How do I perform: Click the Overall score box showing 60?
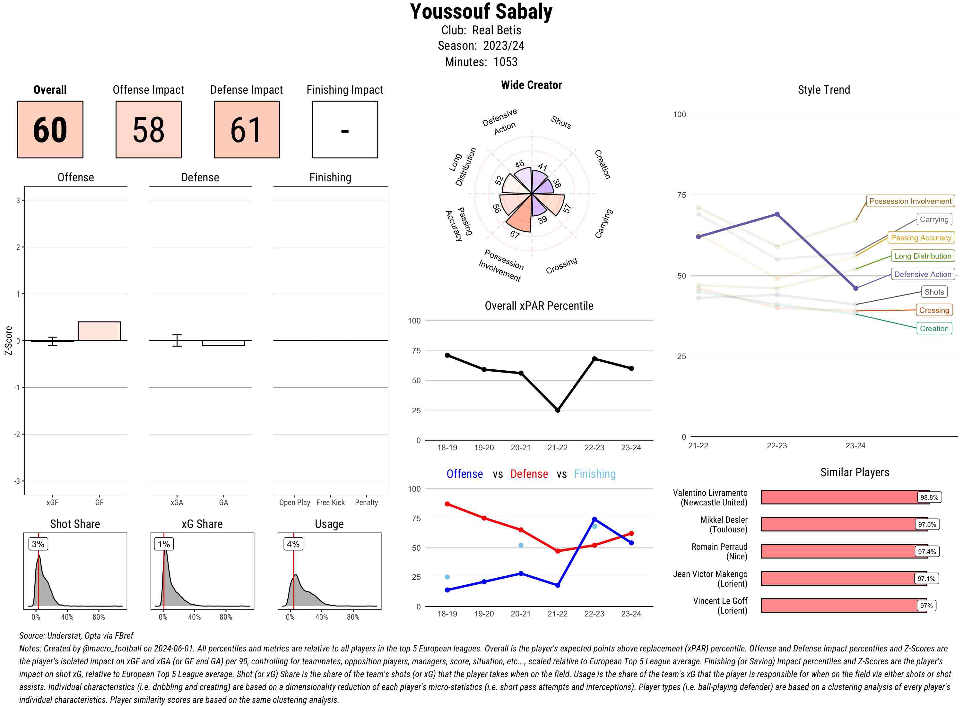point(50,130)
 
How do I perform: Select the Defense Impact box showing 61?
point(247,130)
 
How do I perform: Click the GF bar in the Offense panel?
point(99,331)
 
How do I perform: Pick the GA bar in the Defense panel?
point(223,343)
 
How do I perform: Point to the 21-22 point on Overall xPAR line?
point(557,410)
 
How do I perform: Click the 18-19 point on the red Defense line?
point(447,504)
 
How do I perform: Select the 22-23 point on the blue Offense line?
point(594,519)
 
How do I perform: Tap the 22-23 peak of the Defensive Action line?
point(776,214)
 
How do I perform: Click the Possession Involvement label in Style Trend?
point(910,201)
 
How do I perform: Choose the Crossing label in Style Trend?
point(934,310)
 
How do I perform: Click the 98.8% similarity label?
point(929,497)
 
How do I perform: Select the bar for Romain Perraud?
point(838,551)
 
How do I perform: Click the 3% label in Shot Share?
point(38,544)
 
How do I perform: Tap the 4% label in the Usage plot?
point(293,544)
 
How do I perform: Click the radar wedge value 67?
point(515,234)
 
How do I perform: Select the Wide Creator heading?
point(531,85)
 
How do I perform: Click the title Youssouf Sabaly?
point(481,12)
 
